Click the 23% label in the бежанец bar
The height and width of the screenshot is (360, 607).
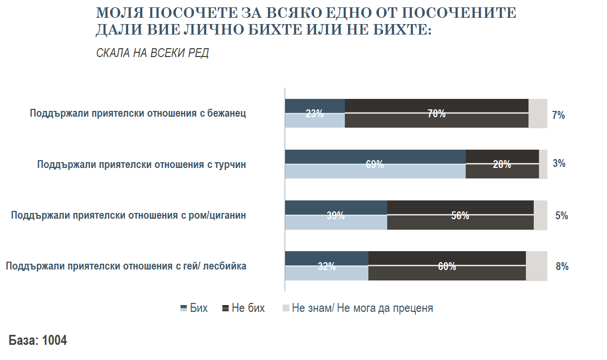tap(314, 114)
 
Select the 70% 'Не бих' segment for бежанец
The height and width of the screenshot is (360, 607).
tap(436, 114)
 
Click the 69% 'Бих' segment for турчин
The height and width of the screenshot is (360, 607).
tap(375, 164)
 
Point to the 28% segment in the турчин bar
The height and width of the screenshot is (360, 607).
tap(502, 164)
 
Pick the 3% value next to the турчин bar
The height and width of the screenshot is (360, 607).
tap(559, 163)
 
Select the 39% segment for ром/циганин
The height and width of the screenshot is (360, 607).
tap(335, 215)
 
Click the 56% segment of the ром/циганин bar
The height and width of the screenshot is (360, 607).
tap(460, 215)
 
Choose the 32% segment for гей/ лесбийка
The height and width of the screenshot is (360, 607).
tap(327, 266)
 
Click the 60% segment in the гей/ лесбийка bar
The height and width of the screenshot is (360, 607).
tap(447, 266)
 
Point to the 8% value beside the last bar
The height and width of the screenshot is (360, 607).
tap(562, 266)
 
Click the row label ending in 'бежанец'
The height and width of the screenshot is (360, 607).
tap(138, 113)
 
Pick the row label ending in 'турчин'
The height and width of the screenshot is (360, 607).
tap(141, 164)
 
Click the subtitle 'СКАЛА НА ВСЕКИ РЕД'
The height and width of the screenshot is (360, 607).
tap(152, 53)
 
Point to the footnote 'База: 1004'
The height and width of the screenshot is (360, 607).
tap(38, 340)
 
